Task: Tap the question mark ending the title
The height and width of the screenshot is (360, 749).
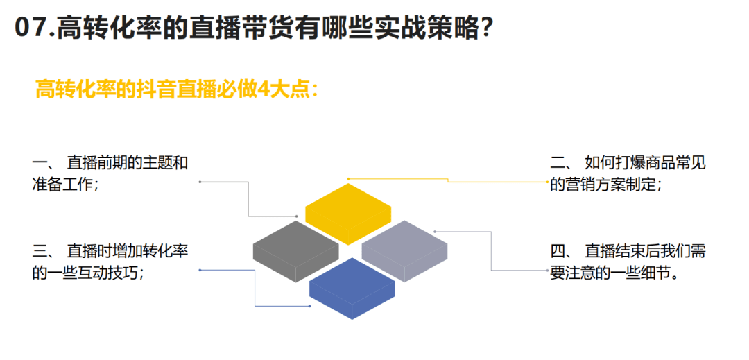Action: pyautogui.click(x=485, y=28)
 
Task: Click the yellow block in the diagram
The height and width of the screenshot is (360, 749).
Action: pyautogui.click(x=348, y=214)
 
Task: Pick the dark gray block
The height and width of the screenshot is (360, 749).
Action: pyautogui.click(x=295, y=251)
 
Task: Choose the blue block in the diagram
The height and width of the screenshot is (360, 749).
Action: pyautogui.click(x=352, y=289)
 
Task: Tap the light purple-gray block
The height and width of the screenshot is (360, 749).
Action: pyautogui.click(x=404, y=251)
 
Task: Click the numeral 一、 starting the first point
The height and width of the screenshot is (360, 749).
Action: pyautogui.click(x=44, y=163)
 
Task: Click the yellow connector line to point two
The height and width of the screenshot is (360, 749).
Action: pyautogui.click(x=447, y=181)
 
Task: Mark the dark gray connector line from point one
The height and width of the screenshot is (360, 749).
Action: pyautogui.click(x=248, y=199)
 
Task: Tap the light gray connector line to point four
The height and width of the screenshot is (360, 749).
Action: pyautogui.click(x=491, y=251)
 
